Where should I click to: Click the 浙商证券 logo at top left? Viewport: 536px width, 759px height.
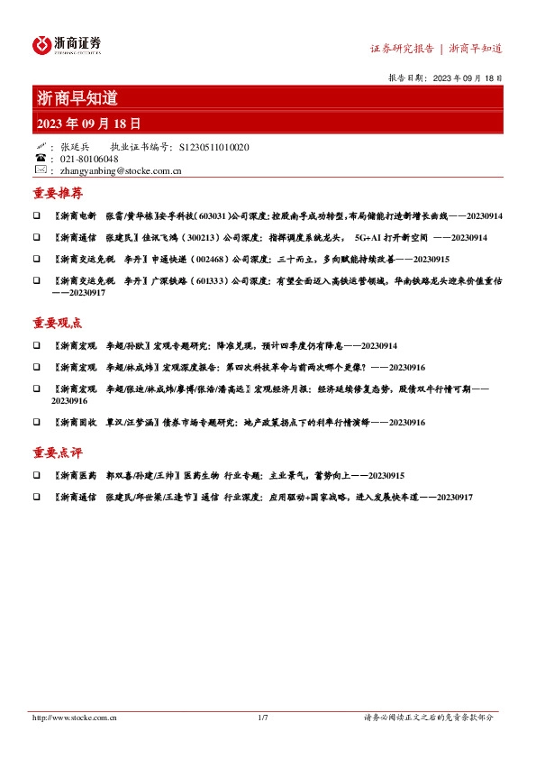point(67,44)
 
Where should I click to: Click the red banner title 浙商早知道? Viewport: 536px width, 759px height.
point(77,98)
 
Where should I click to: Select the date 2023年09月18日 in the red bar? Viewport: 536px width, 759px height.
point(89,122)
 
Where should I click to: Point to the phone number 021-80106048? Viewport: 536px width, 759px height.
point(86,159)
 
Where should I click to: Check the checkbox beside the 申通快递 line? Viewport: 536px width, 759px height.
point(36,259)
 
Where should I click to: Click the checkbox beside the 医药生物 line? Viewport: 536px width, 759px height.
point(36,476)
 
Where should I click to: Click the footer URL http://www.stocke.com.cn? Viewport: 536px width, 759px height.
point(77,718)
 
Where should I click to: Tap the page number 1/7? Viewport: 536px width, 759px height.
point(263,718)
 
